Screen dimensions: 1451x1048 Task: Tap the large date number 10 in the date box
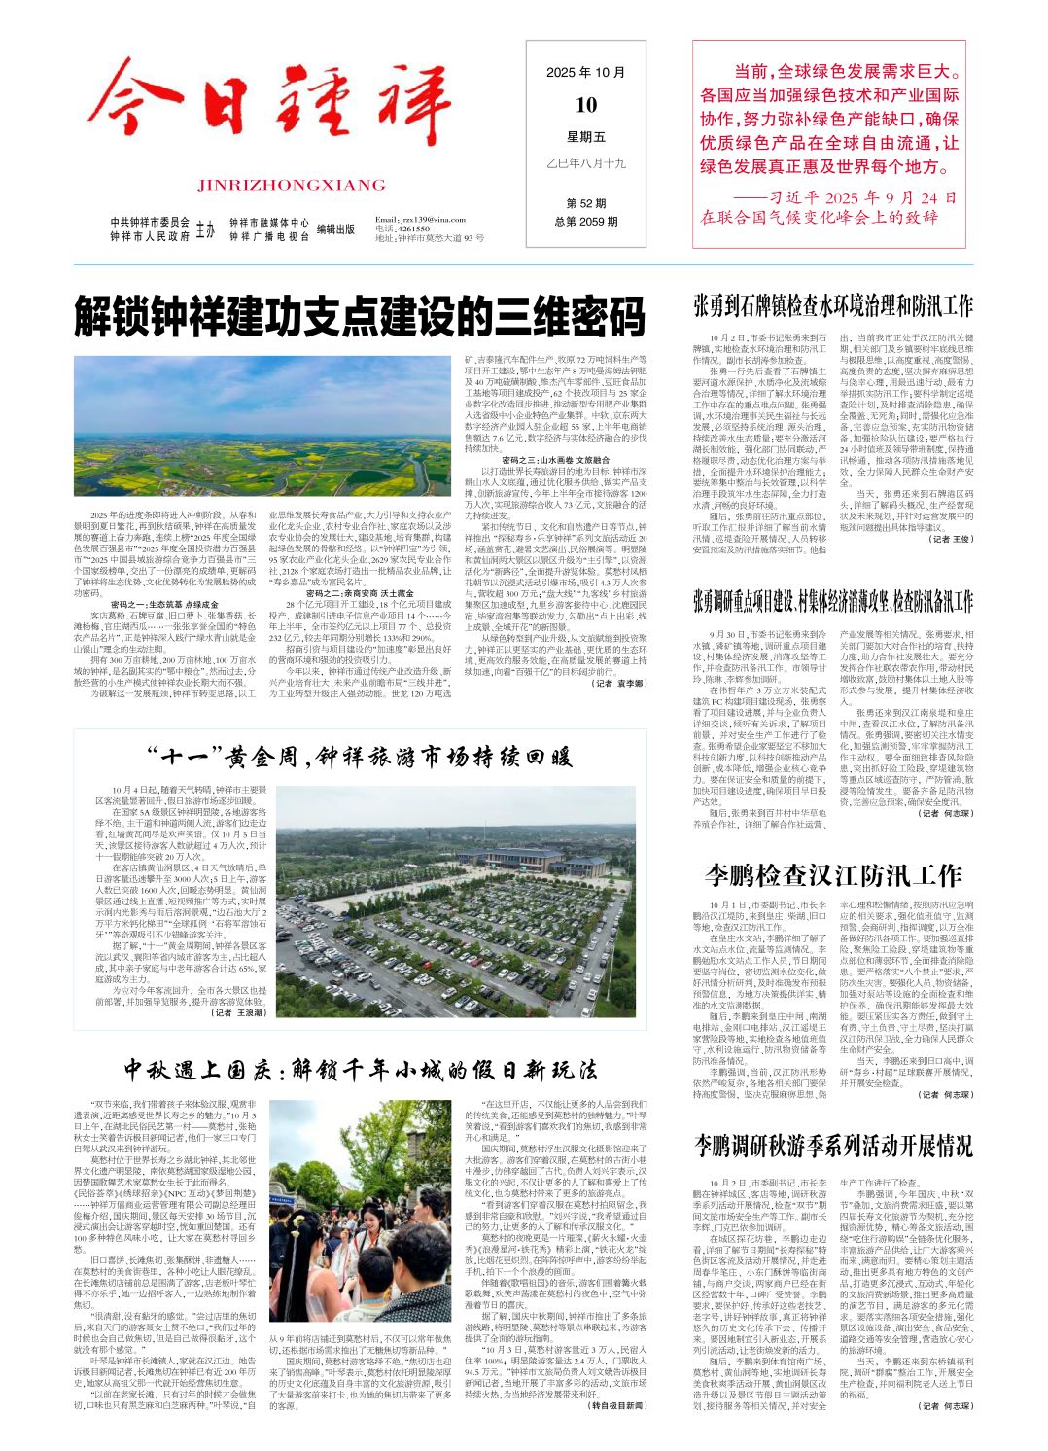tap(586, 105)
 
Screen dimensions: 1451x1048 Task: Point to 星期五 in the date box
tap(586, 137)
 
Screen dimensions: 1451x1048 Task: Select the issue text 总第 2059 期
tap(586, 222)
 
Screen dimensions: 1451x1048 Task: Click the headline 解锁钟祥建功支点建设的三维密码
tap(360, 317)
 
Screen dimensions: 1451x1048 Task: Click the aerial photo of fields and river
tap(263, 439)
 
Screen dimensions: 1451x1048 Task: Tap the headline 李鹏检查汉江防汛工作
tap(833, 875)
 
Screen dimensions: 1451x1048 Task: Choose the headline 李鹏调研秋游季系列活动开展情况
tap(833, 1145)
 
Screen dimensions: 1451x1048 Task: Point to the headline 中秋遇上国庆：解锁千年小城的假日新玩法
tap(360, 1070)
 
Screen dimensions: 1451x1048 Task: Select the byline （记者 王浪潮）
tap(238, 1013)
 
